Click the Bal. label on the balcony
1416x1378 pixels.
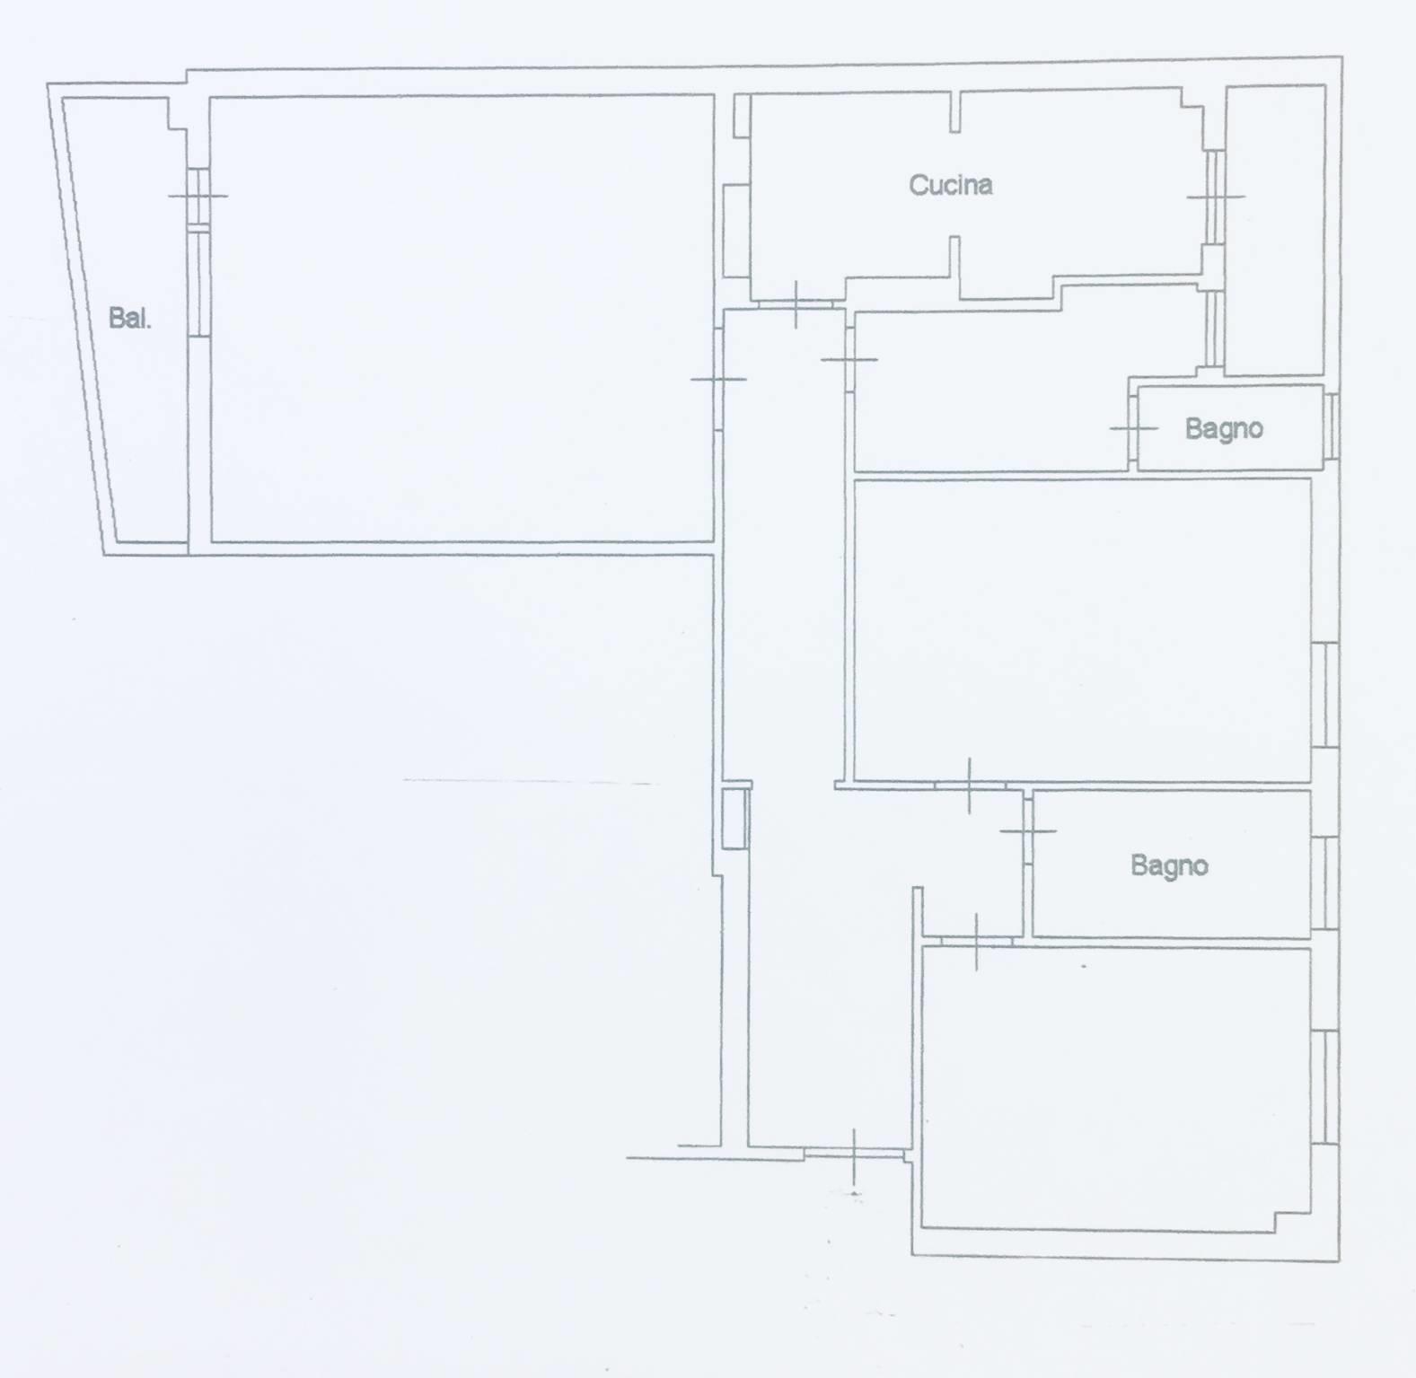[129, 318]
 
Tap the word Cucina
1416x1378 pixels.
[950, 185]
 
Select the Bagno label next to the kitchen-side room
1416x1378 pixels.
[1223, 428]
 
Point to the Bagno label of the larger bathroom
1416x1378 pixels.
[1169, 865]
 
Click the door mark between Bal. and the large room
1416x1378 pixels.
[198, 196]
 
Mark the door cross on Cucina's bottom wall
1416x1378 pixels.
[796, 304]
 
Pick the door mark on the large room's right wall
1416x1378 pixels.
[718, 380]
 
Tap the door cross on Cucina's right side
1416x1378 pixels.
[1216, 197]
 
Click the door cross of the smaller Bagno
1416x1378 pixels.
[1134, 428]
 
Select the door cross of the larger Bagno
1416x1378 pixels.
[1028, 831]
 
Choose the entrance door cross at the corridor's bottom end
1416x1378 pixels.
[854, 1157]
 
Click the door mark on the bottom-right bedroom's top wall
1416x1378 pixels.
[977, 942]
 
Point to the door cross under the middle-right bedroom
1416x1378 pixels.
[969, 786]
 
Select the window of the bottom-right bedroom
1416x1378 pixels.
[1324, 1086]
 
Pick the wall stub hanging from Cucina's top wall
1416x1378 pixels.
[954, 111]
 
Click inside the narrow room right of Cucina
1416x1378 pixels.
[1275, 230]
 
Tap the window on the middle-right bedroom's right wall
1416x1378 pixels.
[1324, 695]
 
